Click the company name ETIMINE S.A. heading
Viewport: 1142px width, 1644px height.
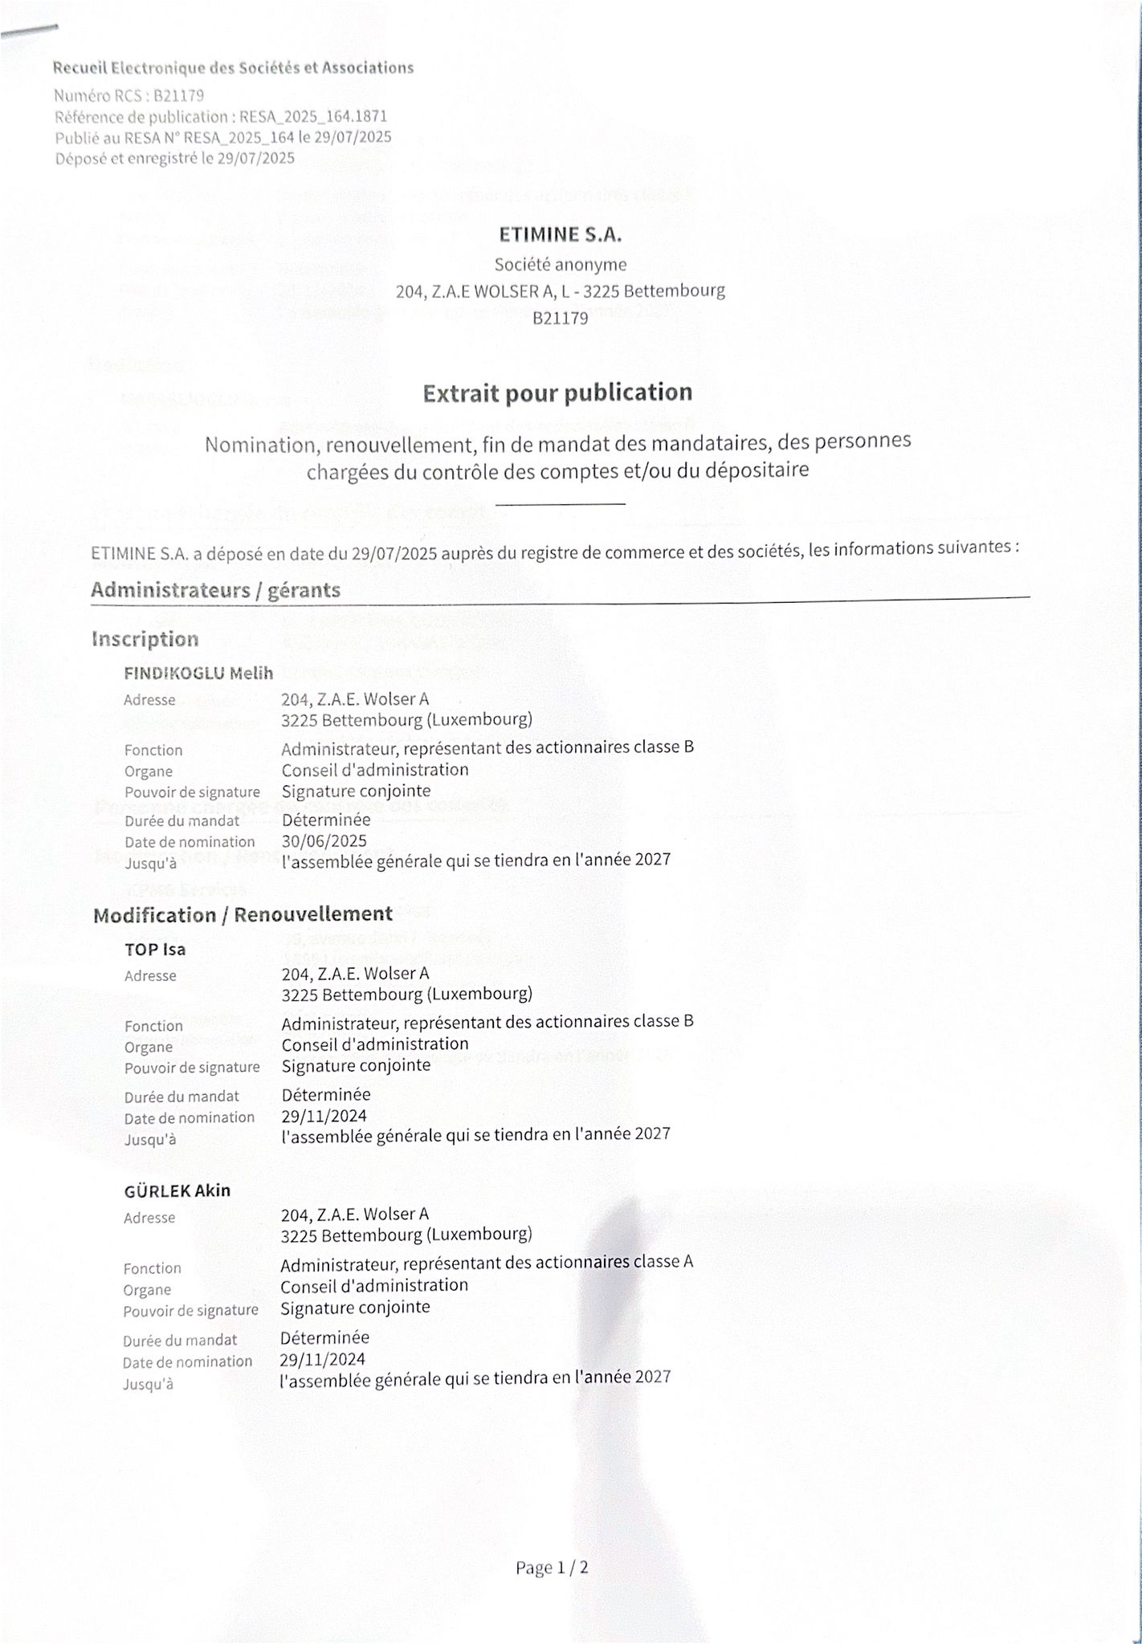560,234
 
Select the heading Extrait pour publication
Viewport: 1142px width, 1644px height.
557,393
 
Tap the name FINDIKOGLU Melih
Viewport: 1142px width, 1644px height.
198,673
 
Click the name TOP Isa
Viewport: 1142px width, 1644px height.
155,949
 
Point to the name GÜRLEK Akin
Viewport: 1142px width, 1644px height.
177,1190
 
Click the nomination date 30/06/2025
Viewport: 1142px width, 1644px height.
324,840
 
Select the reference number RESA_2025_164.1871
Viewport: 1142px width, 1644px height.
313,116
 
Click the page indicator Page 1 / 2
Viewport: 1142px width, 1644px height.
552,1568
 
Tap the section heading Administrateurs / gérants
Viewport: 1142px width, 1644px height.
215,590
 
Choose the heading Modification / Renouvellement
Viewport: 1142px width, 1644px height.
243,914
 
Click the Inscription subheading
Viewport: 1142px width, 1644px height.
145,639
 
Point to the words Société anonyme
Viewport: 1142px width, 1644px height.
560,264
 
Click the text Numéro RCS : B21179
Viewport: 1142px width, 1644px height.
128,96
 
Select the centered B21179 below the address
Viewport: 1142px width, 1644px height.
560,319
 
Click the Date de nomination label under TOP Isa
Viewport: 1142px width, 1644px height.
189,1117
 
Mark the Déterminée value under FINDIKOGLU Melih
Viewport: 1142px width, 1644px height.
326,820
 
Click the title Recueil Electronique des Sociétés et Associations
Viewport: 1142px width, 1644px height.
233,68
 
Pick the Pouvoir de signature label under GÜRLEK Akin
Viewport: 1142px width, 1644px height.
190,1310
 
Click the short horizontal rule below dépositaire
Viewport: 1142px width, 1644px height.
560,503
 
